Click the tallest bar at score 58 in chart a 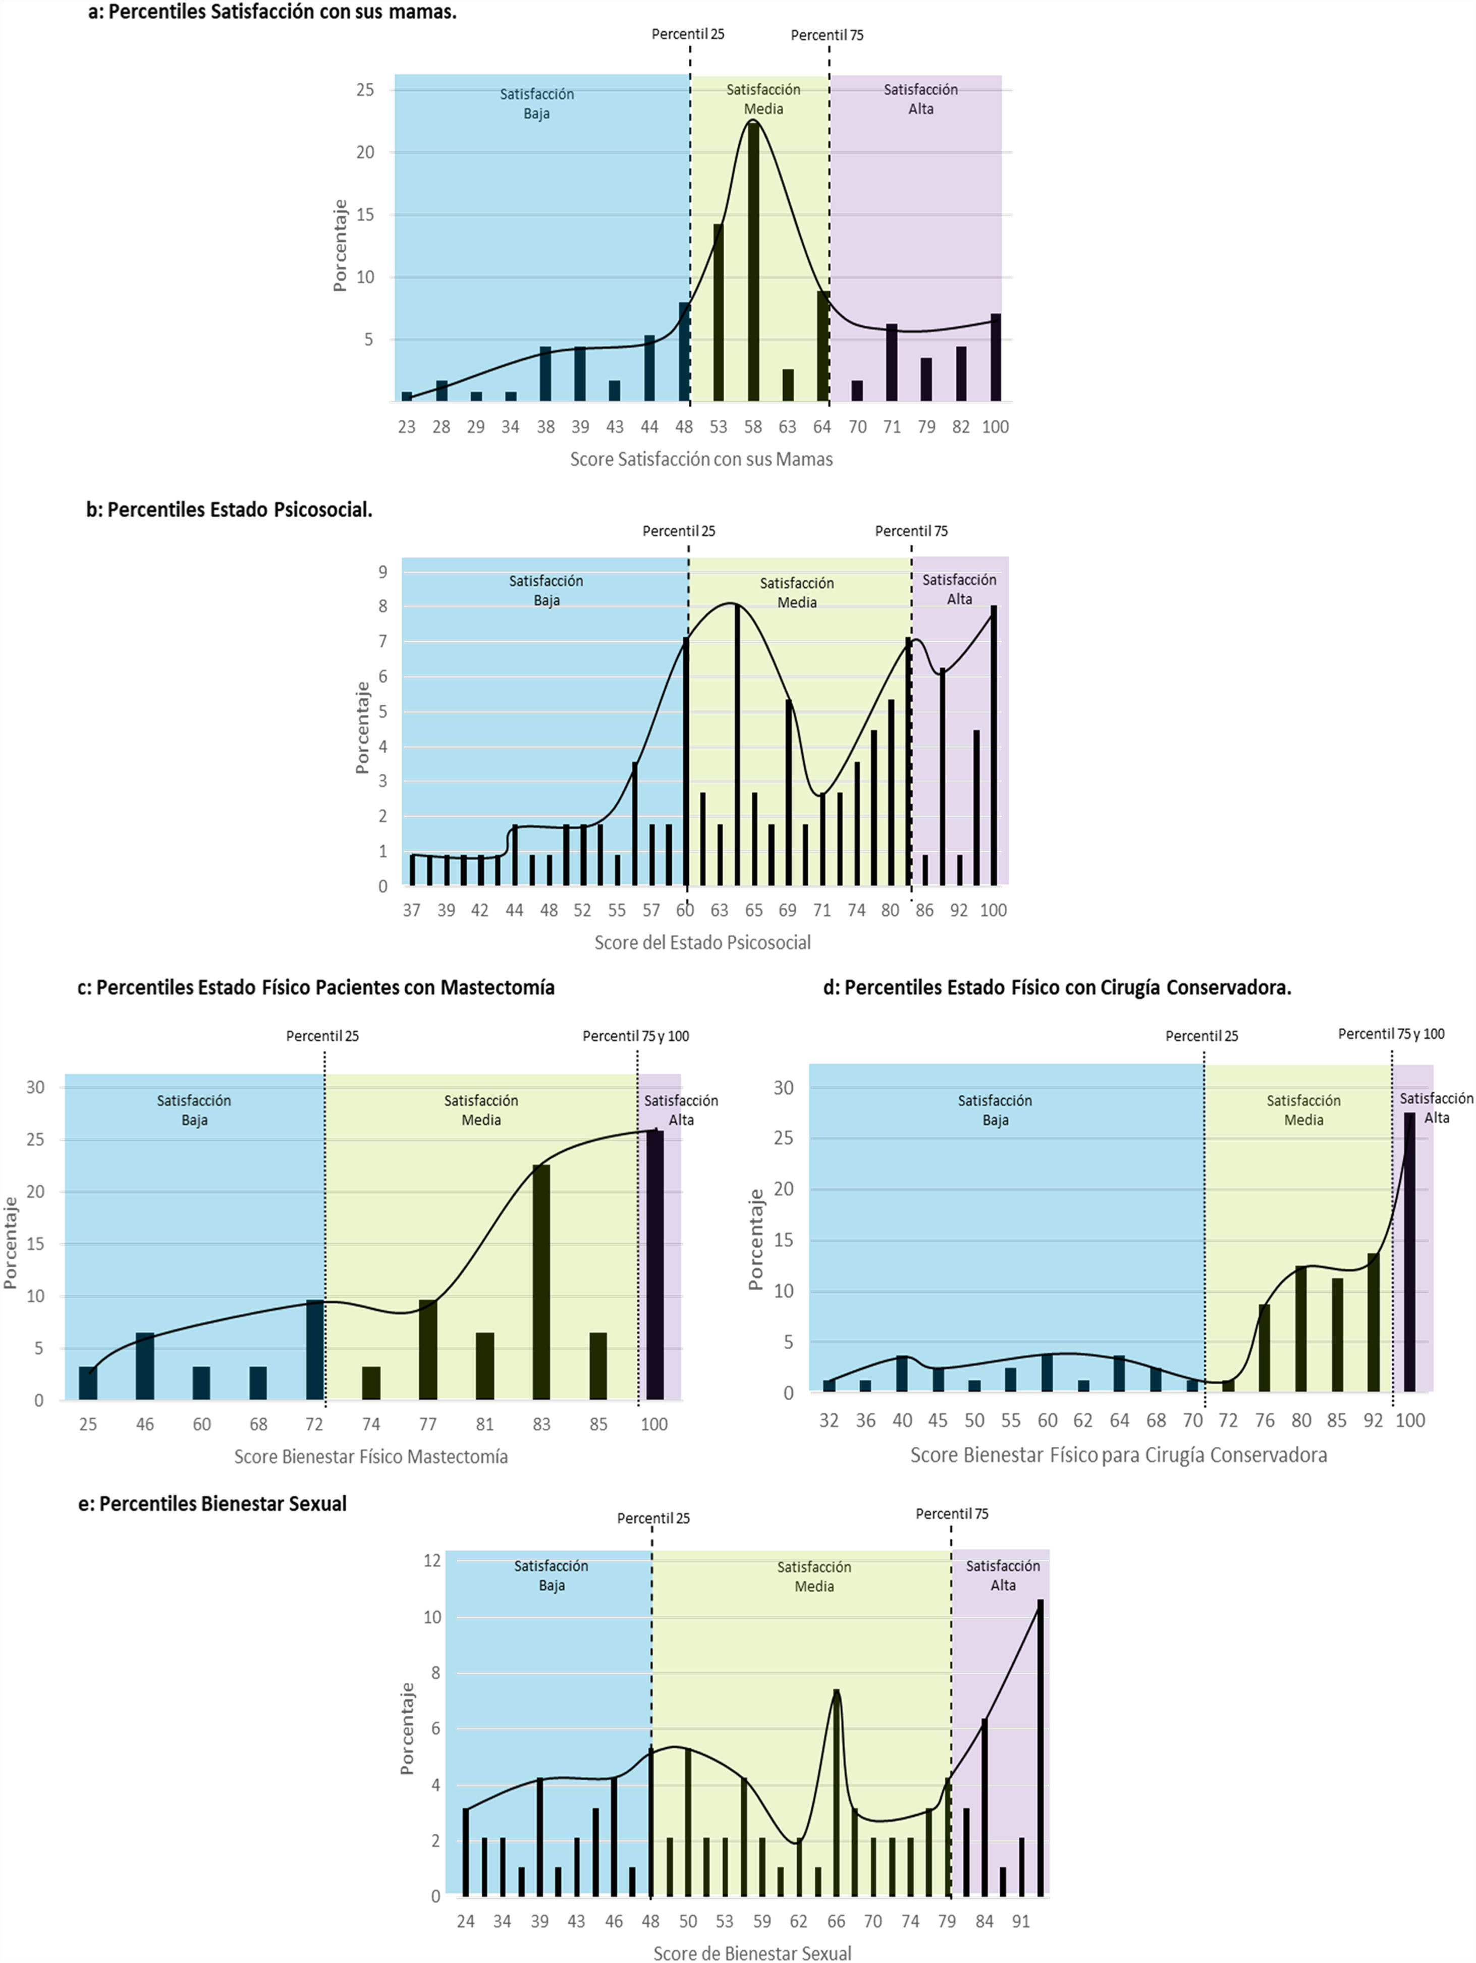click(753, 262)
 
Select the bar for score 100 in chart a click(995, 358)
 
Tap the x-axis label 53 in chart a click(718, 427)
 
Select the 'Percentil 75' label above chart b click(911, 531)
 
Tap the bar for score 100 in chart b click(993, 746)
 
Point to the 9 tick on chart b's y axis click(382, 573)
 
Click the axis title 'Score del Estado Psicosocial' click(702, 942)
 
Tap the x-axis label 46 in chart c click(145, 1424)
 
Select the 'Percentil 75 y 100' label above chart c click(635, 1036)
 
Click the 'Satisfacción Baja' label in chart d click(994, 1110)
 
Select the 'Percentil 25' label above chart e click(653, 1519)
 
